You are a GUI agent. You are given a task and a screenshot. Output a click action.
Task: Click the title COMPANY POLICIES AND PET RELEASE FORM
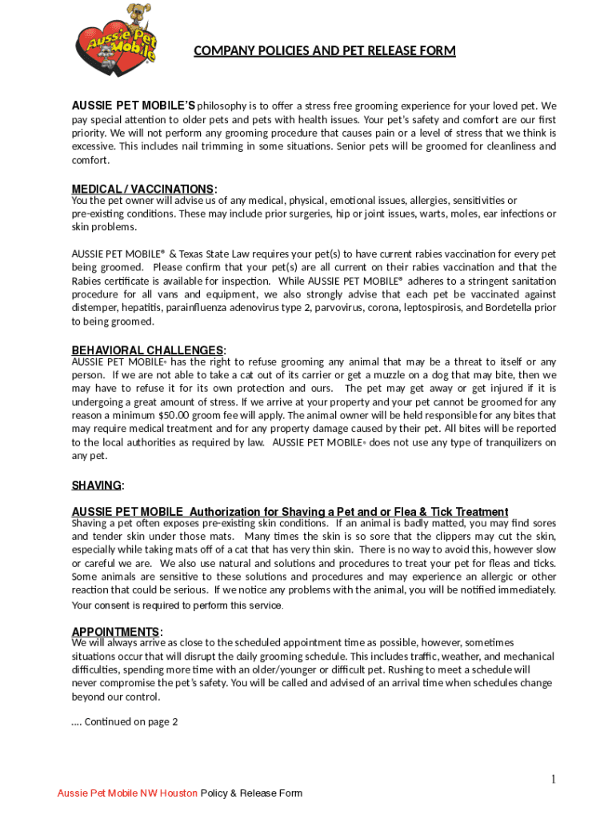(324, 51)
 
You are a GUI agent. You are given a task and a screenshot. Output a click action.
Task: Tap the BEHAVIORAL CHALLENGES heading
(148, 350)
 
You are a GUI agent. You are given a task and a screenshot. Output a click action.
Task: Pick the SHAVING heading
(97, 485)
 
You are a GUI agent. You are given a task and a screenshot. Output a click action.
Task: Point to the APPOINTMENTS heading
(116, 631)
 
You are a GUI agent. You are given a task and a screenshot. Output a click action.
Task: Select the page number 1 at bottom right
(553, 779)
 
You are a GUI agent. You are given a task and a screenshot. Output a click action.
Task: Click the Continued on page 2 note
(125, 721)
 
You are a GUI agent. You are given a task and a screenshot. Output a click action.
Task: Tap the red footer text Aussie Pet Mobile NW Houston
(127, 793)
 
